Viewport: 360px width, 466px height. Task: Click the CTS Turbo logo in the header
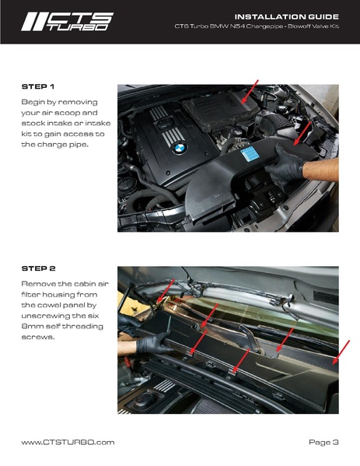point(68,22)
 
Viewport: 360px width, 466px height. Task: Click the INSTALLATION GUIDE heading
point(287,16)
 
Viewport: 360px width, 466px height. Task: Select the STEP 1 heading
point(38,86)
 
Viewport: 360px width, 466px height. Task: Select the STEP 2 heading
point(38,268)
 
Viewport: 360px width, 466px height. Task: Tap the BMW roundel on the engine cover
point(180,148)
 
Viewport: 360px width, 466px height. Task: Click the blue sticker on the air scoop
point(250,156)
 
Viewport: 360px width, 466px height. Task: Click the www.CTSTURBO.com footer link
point(68,442)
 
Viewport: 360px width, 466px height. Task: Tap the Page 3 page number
point(323,442)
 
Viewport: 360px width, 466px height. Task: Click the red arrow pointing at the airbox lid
point(250,92)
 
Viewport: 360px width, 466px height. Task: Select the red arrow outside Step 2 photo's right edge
point(341,352)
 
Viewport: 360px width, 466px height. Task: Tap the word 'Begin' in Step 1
point(33,103)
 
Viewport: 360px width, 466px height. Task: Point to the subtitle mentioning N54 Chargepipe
point(257,26)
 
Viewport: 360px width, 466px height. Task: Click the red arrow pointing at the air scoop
point(302,134)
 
